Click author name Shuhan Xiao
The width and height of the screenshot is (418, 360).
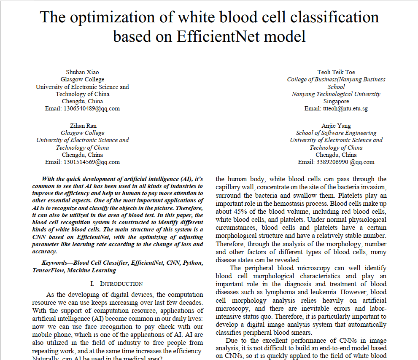(x=82, y=72)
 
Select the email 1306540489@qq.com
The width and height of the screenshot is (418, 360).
(x=92, y=108)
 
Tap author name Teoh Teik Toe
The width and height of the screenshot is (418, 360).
(x=336, y=72)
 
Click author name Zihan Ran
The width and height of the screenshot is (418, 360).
(x=82, y=126)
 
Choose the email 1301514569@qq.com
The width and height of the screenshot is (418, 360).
(x=92, y=162)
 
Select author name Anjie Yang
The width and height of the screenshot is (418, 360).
(x=336, y=126)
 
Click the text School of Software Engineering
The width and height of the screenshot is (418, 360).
(x=336, y=133)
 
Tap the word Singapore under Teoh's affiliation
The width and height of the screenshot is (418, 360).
(x=336, y=101)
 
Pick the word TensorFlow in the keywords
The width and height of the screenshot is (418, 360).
(x=48, y=270)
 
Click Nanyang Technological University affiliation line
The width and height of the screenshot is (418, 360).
(x=336, y=94)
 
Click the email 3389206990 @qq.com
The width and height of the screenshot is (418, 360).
(x=336, y=162)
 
